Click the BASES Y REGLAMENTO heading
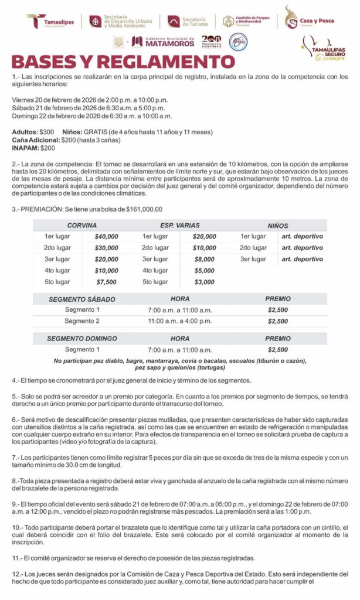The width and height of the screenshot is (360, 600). [x=123, y=62]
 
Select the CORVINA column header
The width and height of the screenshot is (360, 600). [x=82, y=225]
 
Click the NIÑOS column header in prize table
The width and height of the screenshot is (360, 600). [x=277, y=225]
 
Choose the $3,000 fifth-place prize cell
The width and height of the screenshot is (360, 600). [x=204, y=282]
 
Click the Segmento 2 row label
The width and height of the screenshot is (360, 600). [x=82, y=321]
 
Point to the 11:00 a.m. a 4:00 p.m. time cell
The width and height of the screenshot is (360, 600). [x=179, y=321]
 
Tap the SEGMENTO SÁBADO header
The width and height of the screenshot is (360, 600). [x=82, y=299]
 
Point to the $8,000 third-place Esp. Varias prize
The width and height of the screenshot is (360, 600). [x=204, y=259]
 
